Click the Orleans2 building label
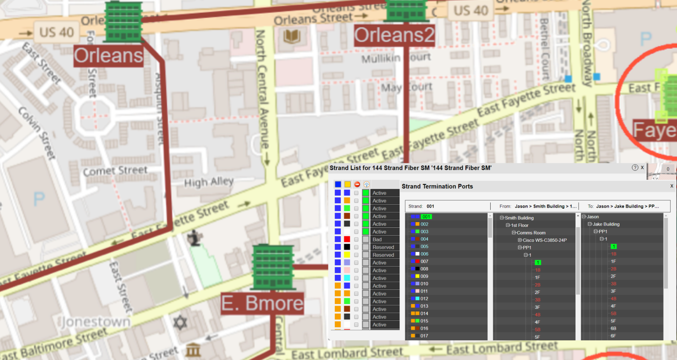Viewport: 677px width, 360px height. tap(394, 35)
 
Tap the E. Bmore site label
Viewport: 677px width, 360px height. tap(262, 303)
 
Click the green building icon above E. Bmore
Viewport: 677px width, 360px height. tap(273, 267)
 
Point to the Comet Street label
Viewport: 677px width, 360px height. tap(115, 170)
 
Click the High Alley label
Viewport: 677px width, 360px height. tap(209, 182)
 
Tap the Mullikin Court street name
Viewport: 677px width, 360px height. tap(396, 58)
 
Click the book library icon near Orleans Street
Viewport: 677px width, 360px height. tap(292, 36)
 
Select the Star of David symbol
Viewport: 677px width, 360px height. tap(180, 322)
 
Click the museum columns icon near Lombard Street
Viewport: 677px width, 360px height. tap(193, 350)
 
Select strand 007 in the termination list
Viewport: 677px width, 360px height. tap(424, 261)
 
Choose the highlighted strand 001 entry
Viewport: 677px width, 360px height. tap(426, 217)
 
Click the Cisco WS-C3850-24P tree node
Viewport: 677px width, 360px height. tap(544, 240)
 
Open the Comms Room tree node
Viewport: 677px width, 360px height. tap(531, 233)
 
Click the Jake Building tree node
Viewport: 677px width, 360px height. tap(606, 224)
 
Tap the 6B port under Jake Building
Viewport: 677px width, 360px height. tap(613, 329)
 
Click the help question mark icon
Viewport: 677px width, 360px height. tap(635, 168)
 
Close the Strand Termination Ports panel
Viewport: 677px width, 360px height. tap(672, 186)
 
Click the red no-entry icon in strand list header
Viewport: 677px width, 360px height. tap(357, 184)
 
